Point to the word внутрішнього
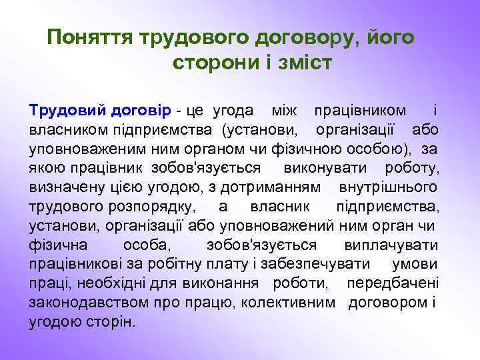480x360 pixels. pos(389,185)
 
